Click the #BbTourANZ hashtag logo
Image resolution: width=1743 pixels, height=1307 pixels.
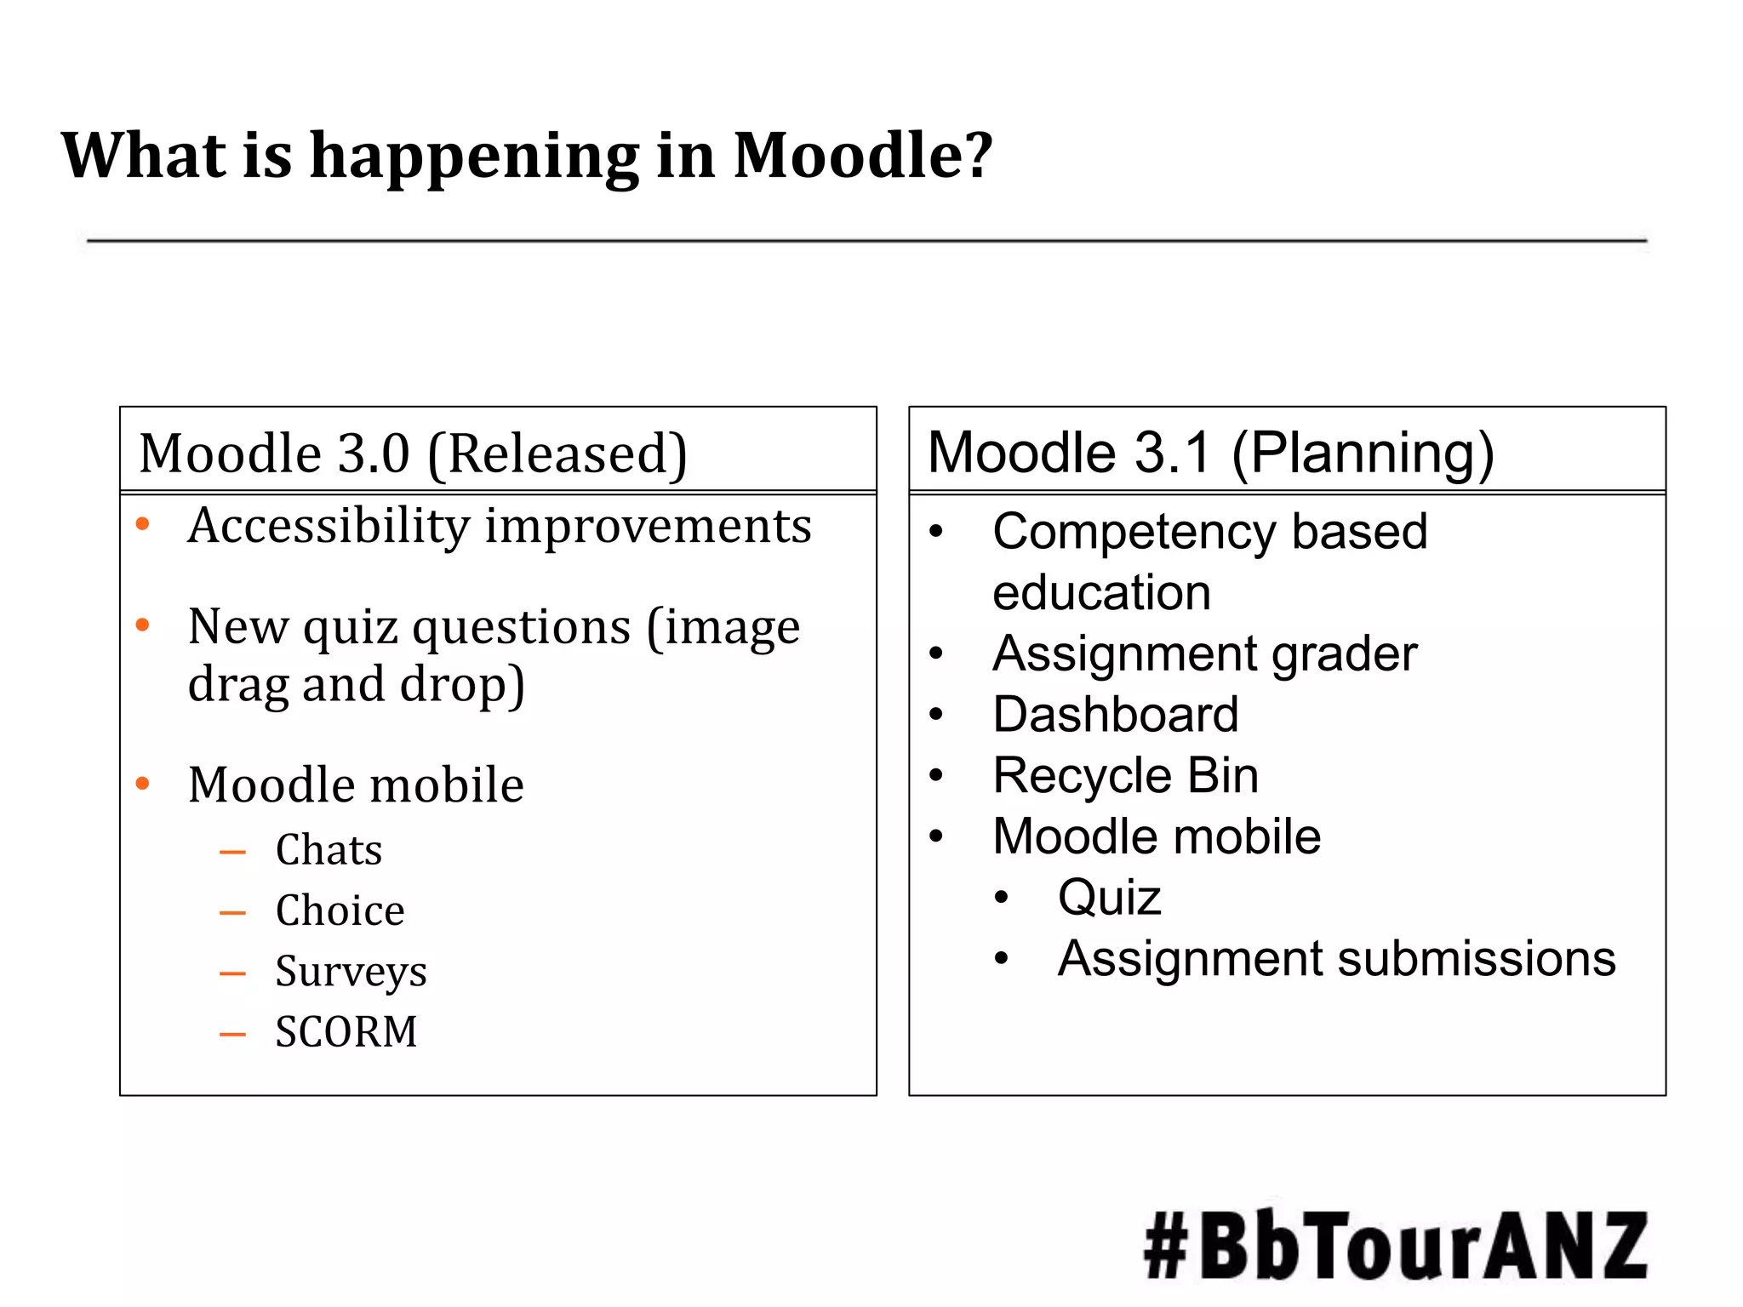pyautogui.click(x=1395, y=1246)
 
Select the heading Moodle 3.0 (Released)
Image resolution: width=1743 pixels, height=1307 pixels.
pyautogui.click(x=413, y=454)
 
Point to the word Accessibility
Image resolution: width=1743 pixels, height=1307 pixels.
pyautogui.click(x=329, y=526)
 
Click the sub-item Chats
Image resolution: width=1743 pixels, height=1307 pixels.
pyautogui.click(x=329, y=850)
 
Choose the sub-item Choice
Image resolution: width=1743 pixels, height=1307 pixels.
pyautogui.click(x=340, y=910)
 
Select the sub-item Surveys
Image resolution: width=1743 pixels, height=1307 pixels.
pyautogui.click(x=351, y=973)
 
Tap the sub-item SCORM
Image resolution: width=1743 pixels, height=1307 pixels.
pyautogui.click(x=346, y=1032)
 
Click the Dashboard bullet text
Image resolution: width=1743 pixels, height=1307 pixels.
pyautogui.click(x=1115, y=714)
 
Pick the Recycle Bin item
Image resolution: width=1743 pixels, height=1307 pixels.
pyautogui.click(x=1125, y=775)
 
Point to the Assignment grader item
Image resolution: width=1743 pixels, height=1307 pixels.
pyautogui.click(x=1204, y=653)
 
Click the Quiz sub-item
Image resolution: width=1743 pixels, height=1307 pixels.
pyautogui.click(x=1109, y=897)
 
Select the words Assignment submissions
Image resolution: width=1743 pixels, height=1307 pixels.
pyautogui.click(x=1336, y=959)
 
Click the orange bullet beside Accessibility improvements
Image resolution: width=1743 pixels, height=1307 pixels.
pyautogui.click(x=143, y=524)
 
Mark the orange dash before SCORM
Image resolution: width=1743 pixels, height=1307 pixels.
pyautogui.click(x=232, y=1035)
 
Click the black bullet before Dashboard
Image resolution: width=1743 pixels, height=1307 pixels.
pyautogui.click(x=936, y=714)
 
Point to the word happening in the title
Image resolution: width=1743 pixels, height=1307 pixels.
pyautogui.click(x=473, y=157)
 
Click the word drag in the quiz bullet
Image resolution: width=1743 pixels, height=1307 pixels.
pyautogui.click(x=237, y=685)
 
